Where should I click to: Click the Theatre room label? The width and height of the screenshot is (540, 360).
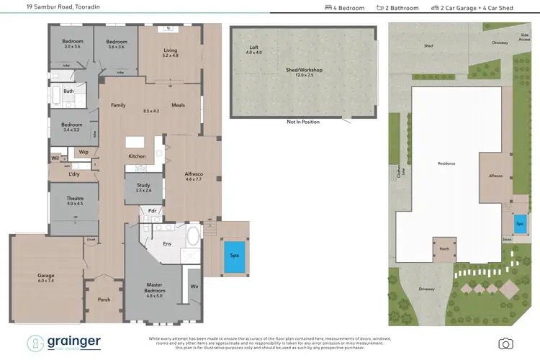(x=75, y=200)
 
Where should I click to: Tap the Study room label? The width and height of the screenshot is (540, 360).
(x=143, y=187)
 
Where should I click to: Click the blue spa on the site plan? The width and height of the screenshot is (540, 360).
(x=520, y=224)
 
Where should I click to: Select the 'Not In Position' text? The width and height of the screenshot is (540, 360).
(x=302, y=122)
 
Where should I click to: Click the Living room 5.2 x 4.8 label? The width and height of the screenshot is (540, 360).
(x=170, y=53)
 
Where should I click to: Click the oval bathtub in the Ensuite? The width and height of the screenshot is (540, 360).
(x=192, y=235)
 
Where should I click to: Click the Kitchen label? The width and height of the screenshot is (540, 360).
(x=137, y=156)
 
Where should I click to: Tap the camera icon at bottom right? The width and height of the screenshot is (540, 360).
(x=506, y=343)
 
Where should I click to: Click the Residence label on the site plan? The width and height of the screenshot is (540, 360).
(x=446, y=163)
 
